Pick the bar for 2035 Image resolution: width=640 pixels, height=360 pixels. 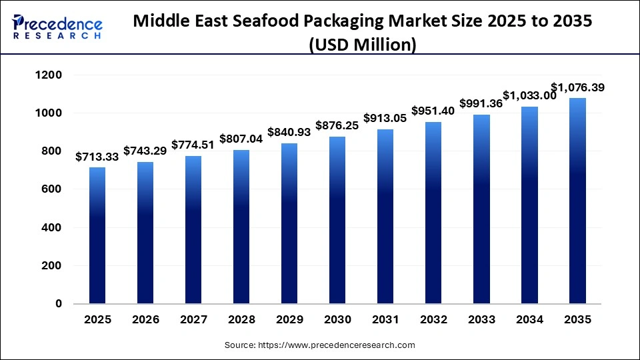click(577, 201)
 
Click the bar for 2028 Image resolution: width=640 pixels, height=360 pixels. click(241, 227)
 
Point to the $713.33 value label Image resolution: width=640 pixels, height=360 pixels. click(97, 157)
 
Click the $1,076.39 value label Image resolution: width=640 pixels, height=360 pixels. click(577, 87)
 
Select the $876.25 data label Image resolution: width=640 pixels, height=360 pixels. click(337, 126)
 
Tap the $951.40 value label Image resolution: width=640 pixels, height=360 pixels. click(433, 111)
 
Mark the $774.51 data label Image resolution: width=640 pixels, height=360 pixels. click(193, 145)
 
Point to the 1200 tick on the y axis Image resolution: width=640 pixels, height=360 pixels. click(48, 75)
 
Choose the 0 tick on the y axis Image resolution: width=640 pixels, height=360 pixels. click(58, 304)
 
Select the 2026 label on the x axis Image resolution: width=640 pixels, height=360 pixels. click(145, 320)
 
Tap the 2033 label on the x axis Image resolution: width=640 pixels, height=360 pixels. click(481, 320)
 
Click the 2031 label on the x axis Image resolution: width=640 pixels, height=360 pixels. click(385, 320)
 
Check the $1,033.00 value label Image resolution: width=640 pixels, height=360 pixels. click(529, 95)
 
